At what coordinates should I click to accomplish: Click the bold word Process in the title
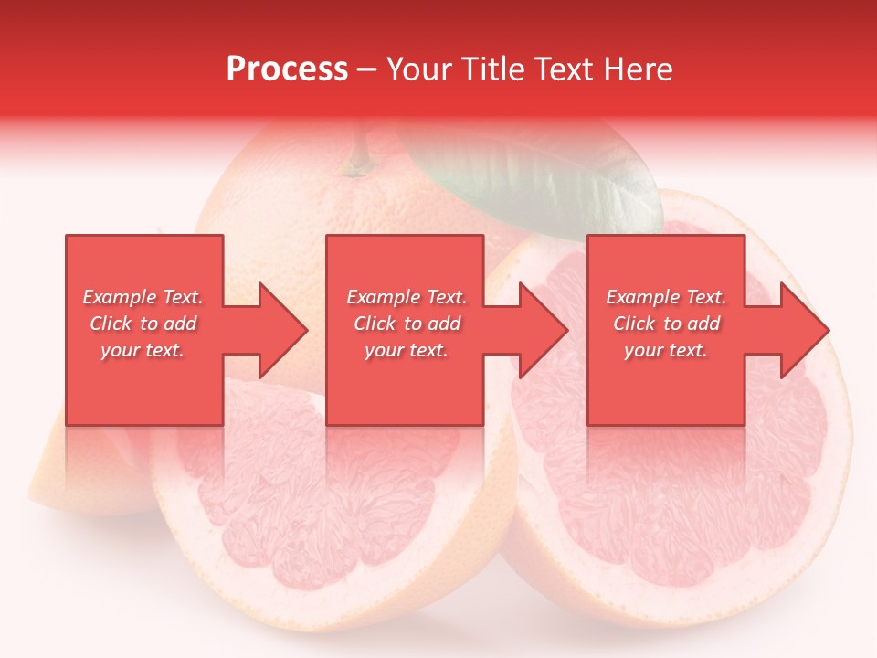tap(287, 69)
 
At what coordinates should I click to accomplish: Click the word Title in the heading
tap(494, 69)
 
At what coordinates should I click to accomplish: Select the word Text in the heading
tap(565, 69)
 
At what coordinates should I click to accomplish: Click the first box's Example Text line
tap(143, 297)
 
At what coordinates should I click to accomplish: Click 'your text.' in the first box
tap(143, 350)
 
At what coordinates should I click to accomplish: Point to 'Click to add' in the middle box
tap(407, 324)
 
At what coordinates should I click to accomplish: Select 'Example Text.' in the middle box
tap(407, 297)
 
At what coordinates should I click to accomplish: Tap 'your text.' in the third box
tap(666, 350)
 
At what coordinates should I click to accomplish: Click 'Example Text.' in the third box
tap(666, 297)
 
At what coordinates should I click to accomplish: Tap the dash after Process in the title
tap(367, 69)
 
